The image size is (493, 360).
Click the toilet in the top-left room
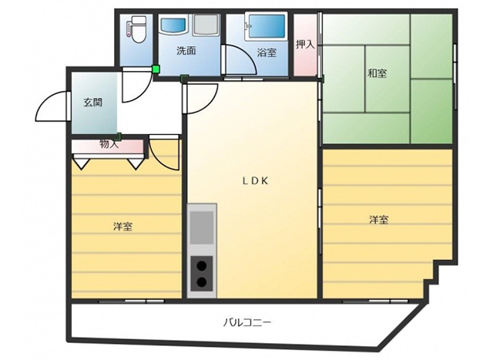click(x=136, y=30)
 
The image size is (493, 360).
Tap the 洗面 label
click(x=186, y=51)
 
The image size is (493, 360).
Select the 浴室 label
click(x=267, y=52)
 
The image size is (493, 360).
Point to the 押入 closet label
click(x=305, y=45)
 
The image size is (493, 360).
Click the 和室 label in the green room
click(x=377, y=73)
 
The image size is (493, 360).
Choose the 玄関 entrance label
click(x=92, y=103)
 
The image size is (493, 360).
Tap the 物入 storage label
click(x=109, y=144)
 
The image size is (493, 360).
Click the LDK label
click(x=255, y=180)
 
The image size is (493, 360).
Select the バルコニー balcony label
click(x=247, y=322)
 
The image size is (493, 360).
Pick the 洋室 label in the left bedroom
click(x=122, y=227)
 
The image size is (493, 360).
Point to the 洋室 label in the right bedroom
click(x=378, y=220)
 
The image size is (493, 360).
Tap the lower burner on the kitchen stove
click(x=202, y=282)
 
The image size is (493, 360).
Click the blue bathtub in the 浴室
click(x=267, y=27)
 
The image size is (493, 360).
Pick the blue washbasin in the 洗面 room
click(x=173, y=25)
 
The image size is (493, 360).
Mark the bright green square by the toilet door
click(x=156, y=69)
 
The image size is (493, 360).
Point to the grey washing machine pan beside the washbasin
click(x=206, y=25)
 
